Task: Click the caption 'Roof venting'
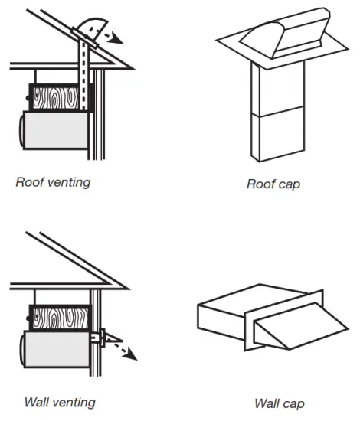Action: point(53,182)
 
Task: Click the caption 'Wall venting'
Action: point(60,401)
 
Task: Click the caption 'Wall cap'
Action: point(280,403)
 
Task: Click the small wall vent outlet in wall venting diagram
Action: point(97,336)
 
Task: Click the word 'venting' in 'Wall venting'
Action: point(74,401)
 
